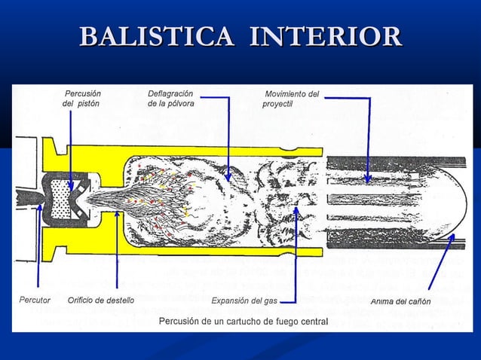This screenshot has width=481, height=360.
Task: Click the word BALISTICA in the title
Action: pos(158,37)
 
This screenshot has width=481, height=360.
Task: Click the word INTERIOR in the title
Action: pos(326,37)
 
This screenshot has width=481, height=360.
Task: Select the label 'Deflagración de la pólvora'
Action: pos(170,99)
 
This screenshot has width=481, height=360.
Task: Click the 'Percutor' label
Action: pos(34,301)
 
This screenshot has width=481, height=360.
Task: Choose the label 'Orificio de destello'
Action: pos(100,301)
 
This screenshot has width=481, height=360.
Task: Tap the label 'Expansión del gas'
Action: pos(244,301)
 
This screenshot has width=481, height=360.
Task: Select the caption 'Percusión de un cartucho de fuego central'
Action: pos(243,322)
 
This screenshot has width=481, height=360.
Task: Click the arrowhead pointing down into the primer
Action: pos(70,185)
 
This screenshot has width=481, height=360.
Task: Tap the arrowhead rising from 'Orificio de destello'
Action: pos(117,213)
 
